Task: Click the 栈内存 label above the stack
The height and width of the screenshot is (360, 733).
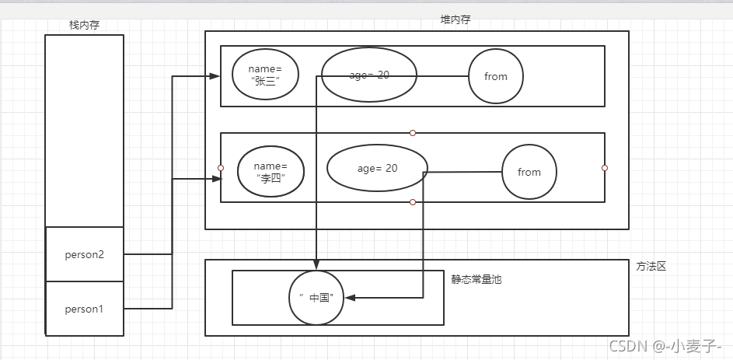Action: [84, 25]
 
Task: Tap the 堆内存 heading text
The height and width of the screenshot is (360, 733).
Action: [455, 19]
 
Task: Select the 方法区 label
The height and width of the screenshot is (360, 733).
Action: [651, 266]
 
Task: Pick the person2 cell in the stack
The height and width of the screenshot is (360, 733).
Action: [84, 254]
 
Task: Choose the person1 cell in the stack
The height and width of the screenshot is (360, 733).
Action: [84, 309]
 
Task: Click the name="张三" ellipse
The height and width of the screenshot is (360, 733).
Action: [265, 75]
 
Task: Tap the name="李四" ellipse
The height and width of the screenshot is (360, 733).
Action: [271, 173]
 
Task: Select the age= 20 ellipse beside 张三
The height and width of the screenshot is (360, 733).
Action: [369, 75]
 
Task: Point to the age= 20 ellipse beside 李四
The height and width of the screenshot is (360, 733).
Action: [377, 168]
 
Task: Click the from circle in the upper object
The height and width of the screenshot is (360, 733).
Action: [495, 76]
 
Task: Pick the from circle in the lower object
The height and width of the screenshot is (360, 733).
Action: [529, 172]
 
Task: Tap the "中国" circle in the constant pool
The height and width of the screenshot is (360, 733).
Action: [316, 297]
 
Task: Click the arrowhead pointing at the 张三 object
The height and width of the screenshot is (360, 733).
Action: [215, 76]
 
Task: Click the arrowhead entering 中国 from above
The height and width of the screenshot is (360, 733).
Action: [316, 264]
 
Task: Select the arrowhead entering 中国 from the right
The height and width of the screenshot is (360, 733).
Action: [350, 297]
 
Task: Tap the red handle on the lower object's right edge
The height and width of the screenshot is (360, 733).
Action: [605, 168]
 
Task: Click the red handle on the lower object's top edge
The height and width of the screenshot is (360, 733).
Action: [413, 133]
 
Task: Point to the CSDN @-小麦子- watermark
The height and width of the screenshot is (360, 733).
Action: [665, 345]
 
